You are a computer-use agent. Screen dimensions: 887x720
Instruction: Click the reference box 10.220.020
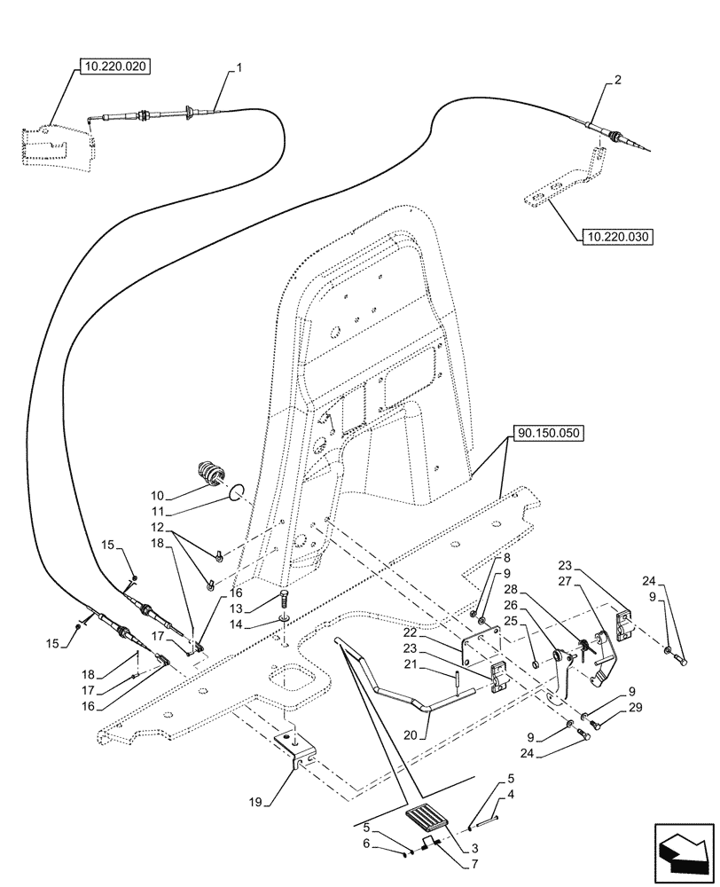click(x=116, y=67)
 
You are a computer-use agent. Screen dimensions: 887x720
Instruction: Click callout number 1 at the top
click(x=238, y=67)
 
